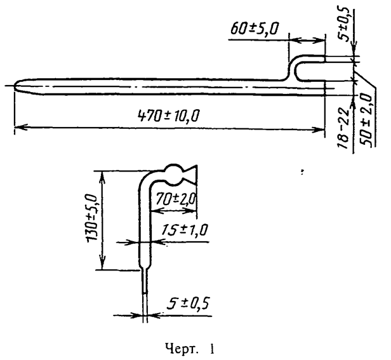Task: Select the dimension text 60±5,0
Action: pyautogui.click(x=257, y=29)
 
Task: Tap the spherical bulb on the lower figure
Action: pyautogui.click(x=173, y=173)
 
